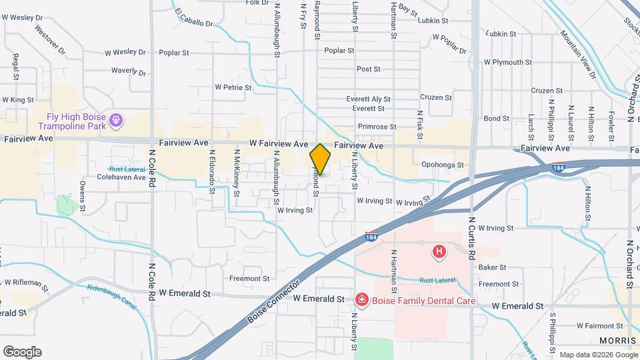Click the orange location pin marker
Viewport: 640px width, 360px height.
(x=320, y=159)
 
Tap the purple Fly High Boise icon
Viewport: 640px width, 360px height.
(x=117, y=119)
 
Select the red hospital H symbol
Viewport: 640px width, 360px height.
(x=439, y=251)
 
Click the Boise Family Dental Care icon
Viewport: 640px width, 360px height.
(x=361, y=301)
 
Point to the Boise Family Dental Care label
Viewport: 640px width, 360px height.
(x=424, y=301)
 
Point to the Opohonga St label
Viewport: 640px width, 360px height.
(x=442, y=164)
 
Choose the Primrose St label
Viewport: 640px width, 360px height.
(x=377, y=126)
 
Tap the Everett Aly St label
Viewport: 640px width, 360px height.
(x=368, y=99)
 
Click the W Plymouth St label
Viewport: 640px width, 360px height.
(x=508, y=61)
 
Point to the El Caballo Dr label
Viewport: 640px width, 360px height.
(x=193, y=18)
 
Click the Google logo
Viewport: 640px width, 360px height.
(x=22, y=351)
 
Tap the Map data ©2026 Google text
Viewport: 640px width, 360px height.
(x=597, y=354)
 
